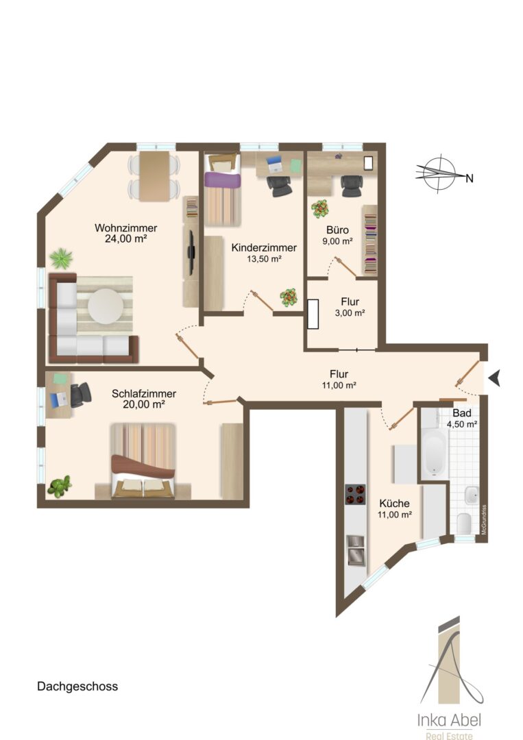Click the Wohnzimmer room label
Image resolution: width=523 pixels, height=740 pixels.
point(125,228)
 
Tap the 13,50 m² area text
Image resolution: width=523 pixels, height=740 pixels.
point(265,258)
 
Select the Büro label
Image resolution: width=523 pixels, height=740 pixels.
point(337,230)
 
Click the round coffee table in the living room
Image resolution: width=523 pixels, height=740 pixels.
point(106,306)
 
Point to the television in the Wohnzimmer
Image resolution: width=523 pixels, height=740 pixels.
point(191,252)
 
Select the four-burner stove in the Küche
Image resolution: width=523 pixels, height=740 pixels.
point(356,494)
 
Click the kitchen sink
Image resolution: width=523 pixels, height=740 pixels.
point(356,550)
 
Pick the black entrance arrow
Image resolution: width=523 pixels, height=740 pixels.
point(494,378)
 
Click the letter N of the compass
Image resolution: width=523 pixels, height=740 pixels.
point(469,178)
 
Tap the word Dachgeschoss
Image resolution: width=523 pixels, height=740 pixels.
point(77,686)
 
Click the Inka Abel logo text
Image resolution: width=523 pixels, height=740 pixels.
point(450,719)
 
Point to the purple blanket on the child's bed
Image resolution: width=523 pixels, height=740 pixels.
point(222,180)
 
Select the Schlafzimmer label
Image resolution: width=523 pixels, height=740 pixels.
point(144,393)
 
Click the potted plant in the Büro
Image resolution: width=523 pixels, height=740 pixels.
point(320,209)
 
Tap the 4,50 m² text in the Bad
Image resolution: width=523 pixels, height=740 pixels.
point(461,424)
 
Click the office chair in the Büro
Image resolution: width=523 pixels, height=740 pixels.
point(352,186)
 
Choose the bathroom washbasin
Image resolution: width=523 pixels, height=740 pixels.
point(472,495)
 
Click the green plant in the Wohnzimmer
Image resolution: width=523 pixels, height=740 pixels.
point(62,258)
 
